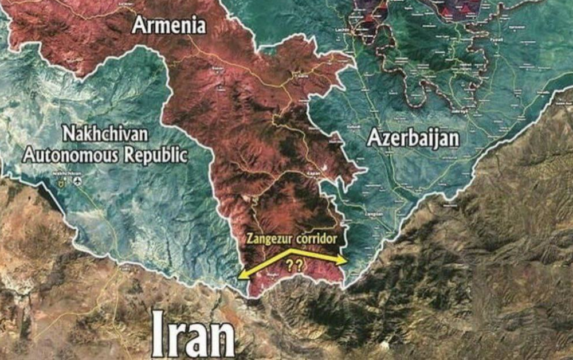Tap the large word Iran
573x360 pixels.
pyautogui.click(x=193, y=335)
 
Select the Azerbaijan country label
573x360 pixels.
pyautogui.click(x=413, y=138)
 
